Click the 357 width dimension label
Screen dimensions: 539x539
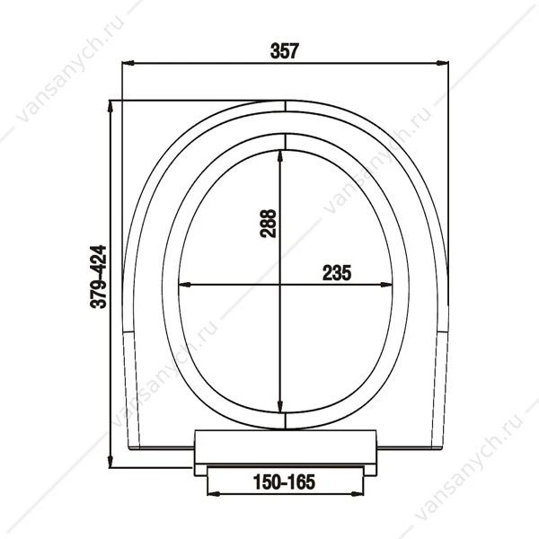coord(285,51)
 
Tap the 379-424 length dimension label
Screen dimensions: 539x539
coord(98,277)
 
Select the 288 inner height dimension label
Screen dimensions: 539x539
coord(268,224)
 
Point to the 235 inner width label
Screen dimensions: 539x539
coord(337,273)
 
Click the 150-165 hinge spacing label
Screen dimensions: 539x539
coord(284,482)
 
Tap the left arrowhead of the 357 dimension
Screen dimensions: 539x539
coord(128,63)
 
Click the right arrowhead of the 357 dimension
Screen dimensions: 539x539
coord(442,63)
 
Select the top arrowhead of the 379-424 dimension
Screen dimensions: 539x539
coord(110,107)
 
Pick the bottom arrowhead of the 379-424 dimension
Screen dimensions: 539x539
coord(110,462)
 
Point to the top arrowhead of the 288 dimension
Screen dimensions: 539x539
coord(280,156)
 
